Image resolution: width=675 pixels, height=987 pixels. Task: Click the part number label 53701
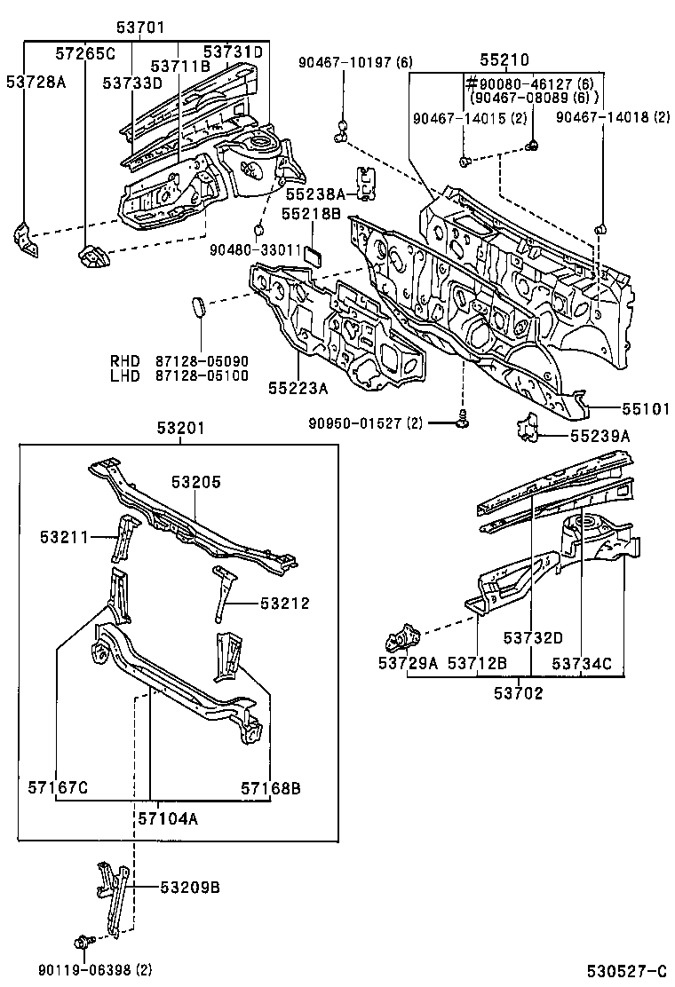144,28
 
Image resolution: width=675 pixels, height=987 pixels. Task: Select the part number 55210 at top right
504,60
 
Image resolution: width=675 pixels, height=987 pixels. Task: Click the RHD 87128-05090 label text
179,361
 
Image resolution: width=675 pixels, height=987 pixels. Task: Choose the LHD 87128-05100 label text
179,375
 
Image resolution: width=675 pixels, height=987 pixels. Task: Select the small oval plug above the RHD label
198,307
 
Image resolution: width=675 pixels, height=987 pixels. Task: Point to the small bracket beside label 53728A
26,241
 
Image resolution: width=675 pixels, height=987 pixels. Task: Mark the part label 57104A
168,818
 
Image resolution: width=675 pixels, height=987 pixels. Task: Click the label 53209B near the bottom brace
190,887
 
